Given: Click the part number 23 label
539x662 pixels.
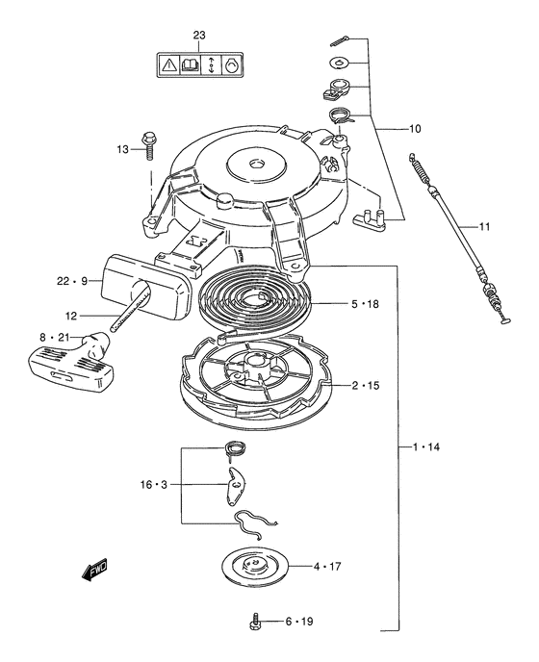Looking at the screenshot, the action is [x=199, y=36].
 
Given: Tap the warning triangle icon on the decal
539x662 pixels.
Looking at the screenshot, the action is [x=169, y=65].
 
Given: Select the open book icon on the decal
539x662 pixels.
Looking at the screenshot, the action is [x=190, y=65].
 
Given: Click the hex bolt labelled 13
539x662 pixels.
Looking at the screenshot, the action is [x=148, y=145].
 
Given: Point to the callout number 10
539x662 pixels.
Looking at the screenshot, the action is [x=415, y=129].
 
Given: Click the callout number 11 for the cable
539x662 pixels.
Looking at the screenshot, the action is [x=484, y=227].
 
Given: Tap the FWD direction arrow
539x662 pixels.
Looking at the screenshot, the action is [x=94, y=570].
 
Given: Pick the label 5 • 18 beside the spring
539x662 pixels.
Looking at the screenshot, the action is [x=365, y=304].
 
